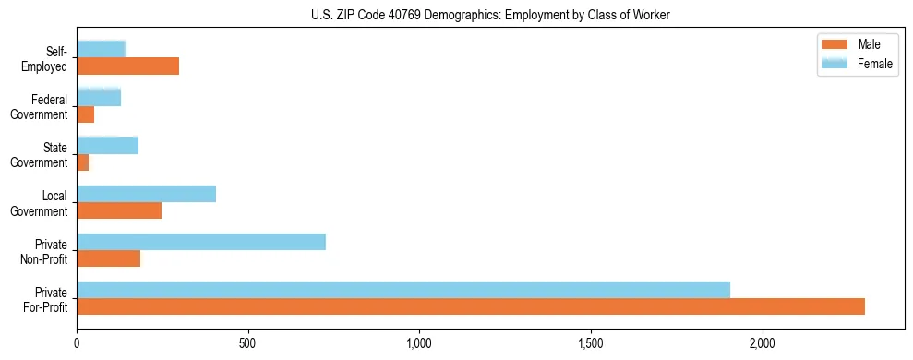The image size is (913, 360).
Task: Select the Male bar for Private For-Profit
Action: (x=471, y=306)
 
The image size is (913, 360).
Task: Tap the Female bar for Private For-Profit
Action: (x=403, y=289)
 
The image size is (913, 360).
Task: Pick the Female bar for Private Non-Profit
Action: (x=201, y=242)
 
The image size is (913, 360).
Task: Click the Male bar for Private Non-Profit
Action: (x=109, y=258)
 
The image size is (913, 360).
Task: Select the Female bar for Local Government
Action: (x=147, y=194)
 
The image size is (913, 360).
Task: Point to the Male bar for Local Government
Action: (x=119, y=210)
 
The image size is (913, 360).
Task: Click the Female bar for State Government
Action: (x=108, y=145)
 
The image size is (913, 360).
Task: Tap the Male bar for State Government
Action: (x=83, y=162)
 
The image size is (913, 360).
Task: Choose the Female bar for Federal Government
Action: (x=99, y=97)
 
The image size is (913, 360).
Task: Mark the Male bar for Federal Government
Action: (x=86, y=114)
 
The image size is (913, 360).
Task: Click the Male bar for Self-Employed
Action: (x=128, y=66)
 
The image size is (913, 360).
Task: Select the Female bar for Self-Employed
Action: (x=102, y=49)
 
